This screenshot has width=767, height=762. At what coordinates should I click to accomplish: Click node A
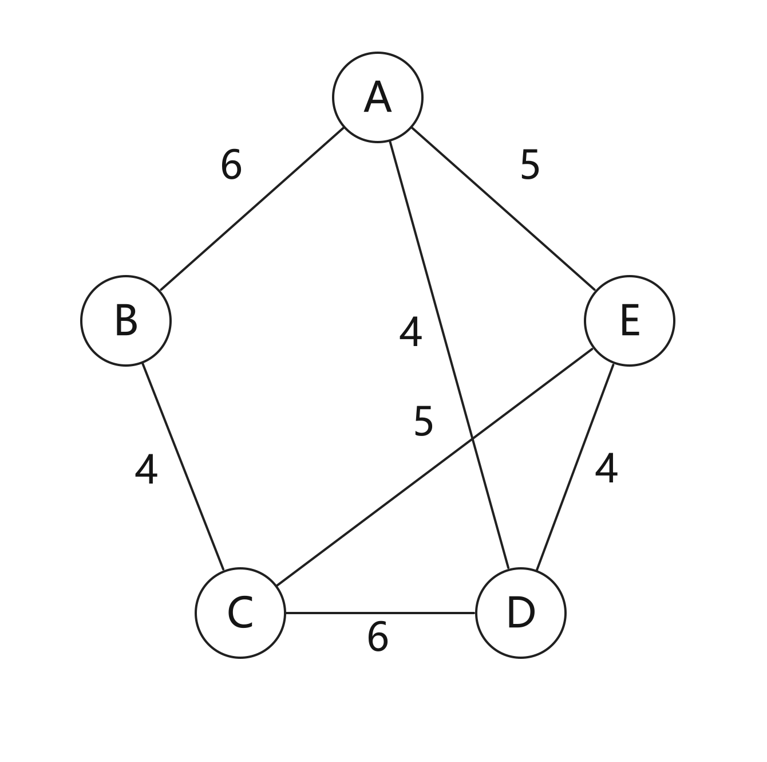[377, 97]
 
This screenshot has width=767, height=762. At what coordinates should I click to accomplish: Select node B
[126, 320]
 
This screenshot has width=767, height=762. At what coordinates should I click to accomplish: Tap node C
[240, 613]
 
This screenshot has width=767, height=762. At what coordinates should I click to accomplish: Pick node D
[521, 613]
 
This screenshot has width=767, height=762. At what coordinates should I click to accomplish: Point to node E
[629, 320]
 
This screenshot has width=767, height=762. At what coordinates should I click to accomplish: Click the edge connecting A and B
[251, 209]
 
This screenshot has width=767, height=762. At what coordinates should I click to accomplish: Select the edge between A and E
[504, 209]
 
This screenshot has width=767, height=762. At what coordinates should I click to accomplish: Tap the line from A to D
[449, 355]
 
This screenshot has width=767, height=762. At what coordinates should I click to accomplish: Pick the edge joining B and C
[183, 467]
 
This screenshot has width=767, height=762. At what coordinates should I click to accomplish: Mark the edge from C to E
[434, 467]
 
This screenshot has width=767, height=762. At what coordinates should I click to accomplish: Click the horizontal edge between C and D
[381, 613]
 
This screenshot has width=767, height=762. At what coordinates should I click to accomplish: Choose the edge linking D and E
[575, 467]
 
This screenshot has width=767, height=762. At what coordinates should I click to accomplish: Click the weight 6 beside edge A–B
[231, 164]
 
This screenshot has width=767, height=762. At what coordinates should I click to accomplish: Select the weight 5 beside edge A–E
[530, 164]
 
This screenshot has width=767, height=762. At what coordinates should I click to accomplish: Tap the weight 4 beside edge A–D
[410, 331]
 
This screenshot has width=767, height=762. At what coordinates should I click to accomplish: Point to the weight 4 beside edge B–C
[146, 469]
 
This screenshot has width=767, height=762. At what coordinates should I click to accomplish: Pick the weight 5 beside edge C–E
[423, 421]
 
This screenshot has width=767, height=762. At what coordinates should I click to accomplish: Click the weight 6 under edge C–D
[377, 637]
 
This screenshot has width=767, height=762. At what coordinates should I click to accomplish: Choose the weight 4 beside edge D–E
[606, 469]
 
